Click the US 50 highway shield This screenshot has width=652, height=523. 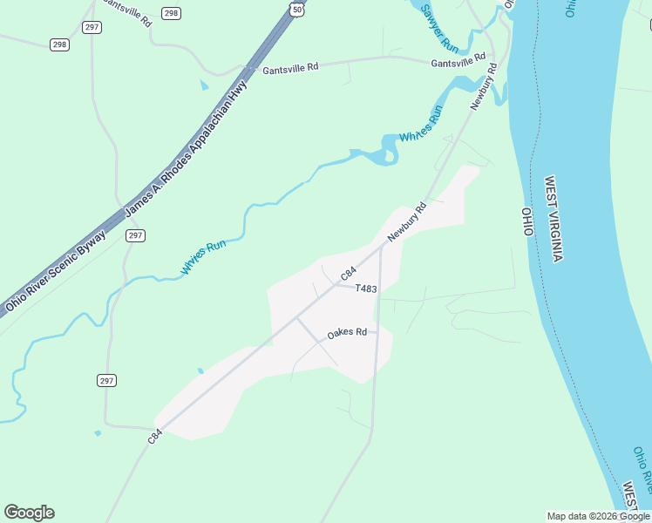tap(298, 9)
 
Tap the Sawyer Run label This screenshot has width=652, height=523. tap(439, 27)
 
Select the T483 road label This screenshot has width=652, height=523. tap(366, 289)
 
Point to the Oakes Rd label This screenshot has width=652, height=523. tap(347, 333)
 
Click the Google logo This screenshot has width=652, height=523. tap(29, 513)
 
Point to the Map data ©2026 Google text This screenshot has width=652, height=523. tap(599, 516)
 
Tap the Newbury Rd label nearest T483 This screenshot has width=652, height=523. tap(407, 222)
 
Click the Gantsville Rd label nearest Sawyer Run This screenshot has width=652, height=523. tap(458, 63)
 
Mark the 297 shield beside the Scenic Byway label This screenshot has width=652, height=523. tap(134, 235)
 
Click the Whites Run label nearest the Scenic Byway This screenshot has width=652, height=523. tap(203, 258)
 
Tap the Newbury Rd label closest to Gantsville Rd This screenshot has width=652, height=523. tap(484, 85)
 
